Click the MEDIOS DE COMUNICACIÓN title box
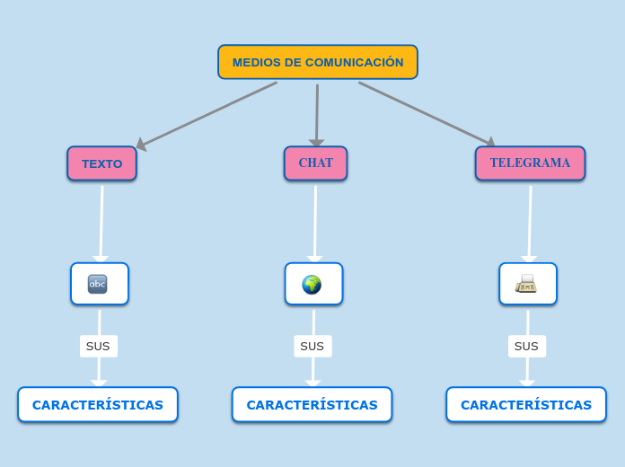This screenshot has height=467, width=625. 317,62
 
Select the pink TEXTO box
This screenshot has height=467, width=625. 101,163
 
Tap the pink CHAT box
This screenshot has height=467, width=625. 315,163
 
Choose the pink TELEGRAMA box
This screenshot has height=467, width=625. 530,163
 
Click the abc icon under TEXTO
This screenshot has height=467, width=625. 98,284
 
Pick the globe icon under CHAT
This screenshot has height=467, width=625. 312,285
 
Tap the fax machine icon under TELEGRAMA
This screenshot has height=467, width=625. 526,284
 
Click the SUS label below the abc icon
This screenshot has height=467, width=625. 98,346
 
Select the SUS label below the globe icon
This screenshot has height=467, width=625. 312,346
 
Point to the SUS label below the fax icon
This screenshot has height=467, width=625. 526,346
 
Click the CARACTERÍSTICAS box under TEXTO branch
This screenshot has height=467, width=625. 98,404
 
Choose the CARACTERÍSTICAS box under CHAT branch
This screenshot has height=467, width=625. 312,404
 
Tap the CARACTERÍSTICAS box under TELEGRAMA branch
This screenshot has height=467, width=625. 526,404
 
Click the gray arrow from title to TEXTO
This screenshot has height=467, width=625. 208,114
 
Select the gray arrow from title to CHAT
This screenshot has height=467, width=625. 317,113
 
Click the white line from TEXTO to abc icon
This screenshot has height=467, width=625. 101,221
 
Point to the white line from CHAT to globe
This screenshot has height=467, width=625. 315,221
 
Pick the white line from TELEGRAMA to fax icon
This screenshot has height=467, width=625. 530,221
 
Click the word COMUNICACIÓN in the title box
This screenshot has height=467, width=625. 355,62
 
